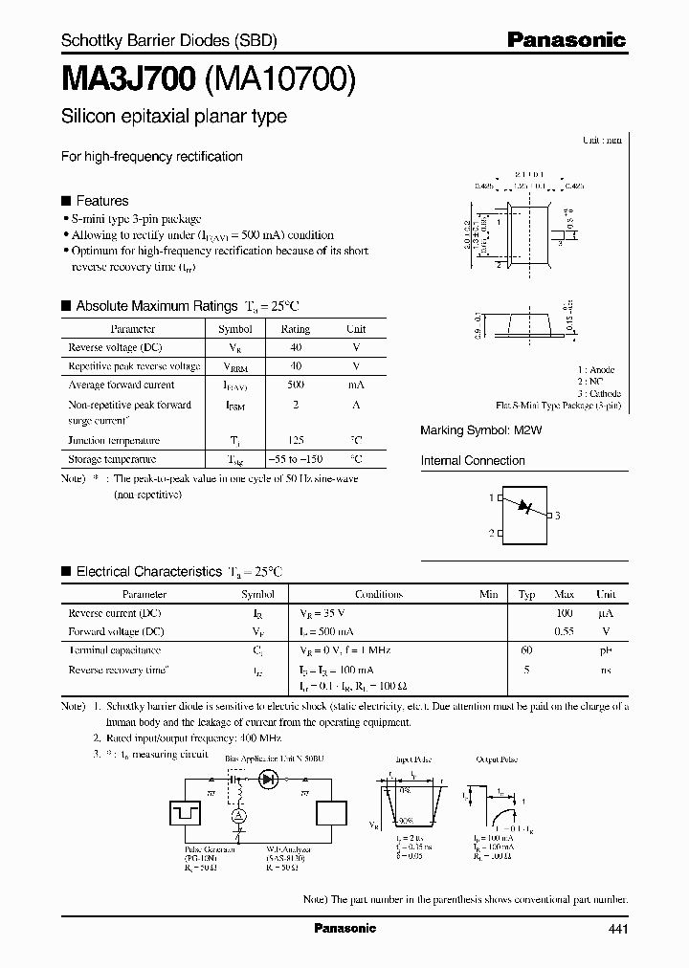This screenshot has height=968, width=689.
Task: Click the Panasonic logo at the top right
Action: [566, 40]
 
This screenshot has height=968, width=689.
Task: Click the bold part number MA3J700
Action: [129, 78]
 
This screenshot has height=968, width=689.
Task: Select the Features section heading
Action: [101, 201]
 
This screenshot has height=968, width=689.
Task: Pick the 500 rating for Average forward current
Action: [295, 385]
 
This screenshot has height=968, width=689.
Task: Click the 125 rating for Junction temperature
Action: [295, 441]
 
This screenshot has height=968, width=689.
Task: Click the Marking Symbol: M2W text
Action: [480, 431]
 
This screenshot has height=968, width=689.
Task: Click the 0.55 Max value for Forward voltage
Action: [564, 632]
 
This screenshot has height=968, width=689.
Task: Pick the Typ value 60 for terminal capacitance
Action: [526, 650]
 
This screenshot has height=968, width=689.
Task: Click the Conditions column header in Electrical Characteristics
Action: [378, 594]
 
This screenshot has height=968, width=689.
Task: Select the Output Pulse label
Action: [498, 759]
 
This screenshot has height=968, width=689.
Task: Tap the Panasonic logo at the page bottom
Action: [344, 929]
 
